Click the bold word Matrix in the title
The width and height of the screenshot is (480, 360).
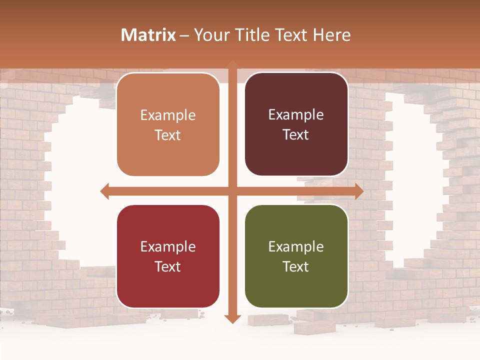[x=148, y=35]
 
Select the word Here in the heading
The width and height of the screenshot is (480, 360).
[x=331, y=35]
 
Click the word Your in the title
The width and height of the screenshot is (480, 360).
[x=210, y=35]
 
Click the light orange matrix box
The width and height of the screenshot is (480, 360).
[x=168, y=124]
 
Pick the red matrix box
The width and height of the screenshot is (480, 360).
[x=168, y=256]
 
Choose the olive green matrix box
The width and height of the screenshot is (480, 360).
[x=296, y=256]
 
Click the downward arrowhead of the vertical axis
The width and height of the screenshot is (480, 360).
[x=232, y=318]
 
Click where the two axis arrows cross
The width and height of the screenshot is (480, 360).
[x=232, y=191]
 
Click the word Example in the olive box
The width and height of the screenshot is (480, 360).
[x=296, y=246]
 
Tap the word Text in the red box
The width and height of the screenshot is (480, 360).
[x=168, y=266]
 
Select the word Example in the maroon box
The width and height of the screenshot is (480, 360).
[x=296, y=115]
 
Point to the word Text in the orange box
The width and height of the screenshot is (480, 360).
[x=168, y=135]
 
